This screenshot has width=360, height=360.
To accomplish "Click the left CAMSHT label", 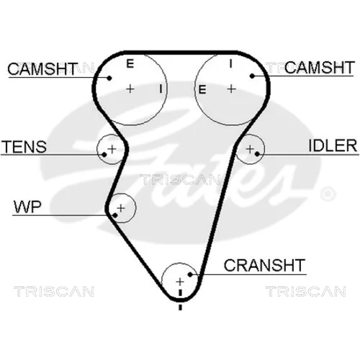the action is (42, 69).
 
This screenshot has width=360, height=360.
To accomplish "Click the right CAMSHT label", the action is (319, 68).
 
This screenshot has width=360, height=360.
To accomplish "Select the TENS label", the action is (24, 147).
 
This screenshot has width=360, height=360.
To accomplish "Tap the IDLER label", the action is (333, 145).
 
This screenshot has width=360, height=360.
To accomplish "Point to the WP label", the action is (27, 207).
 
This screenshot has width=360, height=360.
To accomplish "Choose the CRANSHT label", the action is (264, 265).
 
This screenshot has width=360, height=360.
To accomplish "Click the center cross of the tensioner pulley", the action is (112, 149).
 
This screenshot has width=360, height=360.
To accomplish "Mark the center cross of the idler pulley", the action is (250, 149).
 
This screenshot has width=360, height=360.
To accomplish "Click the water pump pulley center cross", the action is (121, 208).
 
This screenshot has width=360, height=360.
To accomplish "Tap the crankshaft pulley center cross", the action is (180, 282).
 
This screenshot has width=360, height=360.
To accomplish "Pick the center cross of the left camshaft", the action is (130, 89).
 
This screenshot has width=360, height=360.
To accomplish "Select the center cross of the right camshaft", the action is (232, 89).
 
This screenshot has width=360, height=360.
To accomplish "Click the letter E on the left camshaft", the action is (130, 63).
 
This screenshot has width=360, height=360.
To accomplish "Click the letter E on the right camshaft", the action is (202, 90).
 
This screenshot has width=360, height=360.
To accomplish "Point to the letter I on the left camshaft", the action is (161, 89).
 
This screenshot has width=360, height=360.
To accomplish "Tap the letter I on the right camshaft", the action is (230, 63).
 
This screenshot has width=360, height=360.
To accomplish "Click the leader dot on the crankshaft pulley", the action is (190, 274).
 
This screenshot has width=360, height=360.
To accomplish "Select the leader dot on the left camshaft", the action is (109, 78).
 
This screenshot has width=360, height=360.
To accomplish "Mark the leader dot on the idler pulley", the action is (257, 154).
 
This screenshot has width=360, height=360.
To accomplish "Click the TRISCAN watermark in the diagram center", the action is (180, 179).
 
